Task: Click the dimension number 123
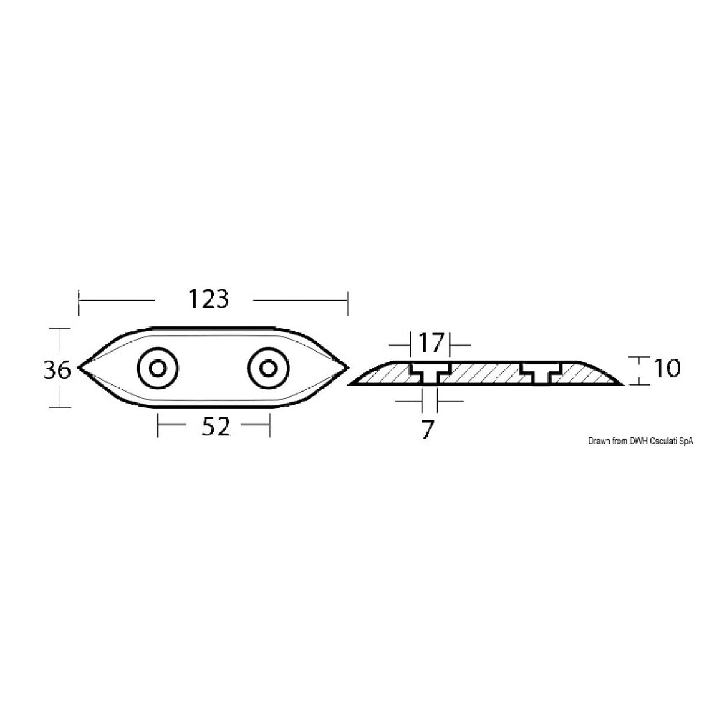point(208,298)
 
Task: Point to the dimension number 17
point(429,343)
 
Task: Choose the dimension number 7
point(426,430)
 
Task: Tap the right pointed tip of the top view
point(346,367)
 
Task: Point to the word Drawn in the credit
point(598,441)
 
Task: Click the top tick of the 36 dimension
point(59,329)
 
